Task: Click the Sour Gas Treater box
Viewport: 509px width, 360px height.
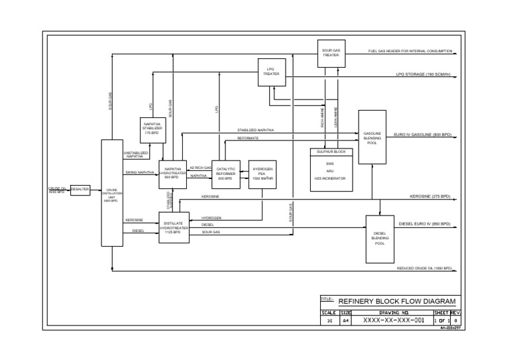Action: pyautogui.click(x=331, y=52)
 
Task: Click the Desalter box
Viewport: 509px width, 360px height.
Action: pyautogui.click(x=80, y=190)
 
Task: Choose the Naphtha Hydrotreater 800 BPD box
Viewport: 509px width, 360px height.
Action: pyautogui.click(x=172, y=174)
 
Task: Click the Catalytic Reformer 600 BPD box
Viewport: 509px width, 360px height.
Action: pyautogui.click(x=225, y=174)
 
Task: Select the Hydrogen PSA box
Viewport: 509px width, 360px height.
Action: pyautogui.click(x=262, y=174)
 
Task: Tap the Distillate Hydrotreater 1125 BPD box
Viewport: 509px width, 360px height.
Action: pyautogui.click(x=174, y=227)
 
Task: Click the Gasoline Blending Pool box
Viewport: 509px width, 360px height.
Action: pyautogui.click(x=372, y=137)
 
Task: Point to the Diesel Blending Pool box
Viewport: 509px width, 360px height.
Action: pyautogui.click(x=380, y=239)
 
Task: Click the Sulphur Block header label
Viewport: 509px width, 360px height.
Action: pyautogui.click(x=331, y=152)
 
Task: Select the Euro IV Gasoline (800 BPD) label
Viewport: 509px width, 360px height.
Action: pyautogui.click(x=422, y=135)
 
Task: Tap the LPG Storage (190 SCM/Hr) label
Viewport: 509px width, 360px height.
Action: pyautogui.click(x=423, y=74)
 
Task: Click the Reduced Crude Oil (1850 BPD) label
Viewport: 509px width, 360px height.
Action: pyautogui.click(x=424, y=269)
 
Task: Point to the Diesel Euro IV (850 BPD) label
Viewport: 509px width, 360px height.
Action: pyautogui.click(x=424, y=224)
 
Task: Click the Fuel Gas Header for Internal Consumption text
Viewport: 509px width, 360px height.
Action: pyautogui.click(x=410, y=51)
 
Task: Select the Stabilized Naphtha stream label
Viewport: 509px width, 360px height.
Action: pyautogui.click(x=255, y=130)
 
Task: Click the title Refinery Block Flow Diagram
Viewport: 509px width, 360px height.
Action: pyautogui.click(x=397, y=301)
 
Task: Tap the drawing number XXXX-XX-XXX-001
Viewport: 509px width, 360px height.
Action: pyautogui.click(x=393, y=320)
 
